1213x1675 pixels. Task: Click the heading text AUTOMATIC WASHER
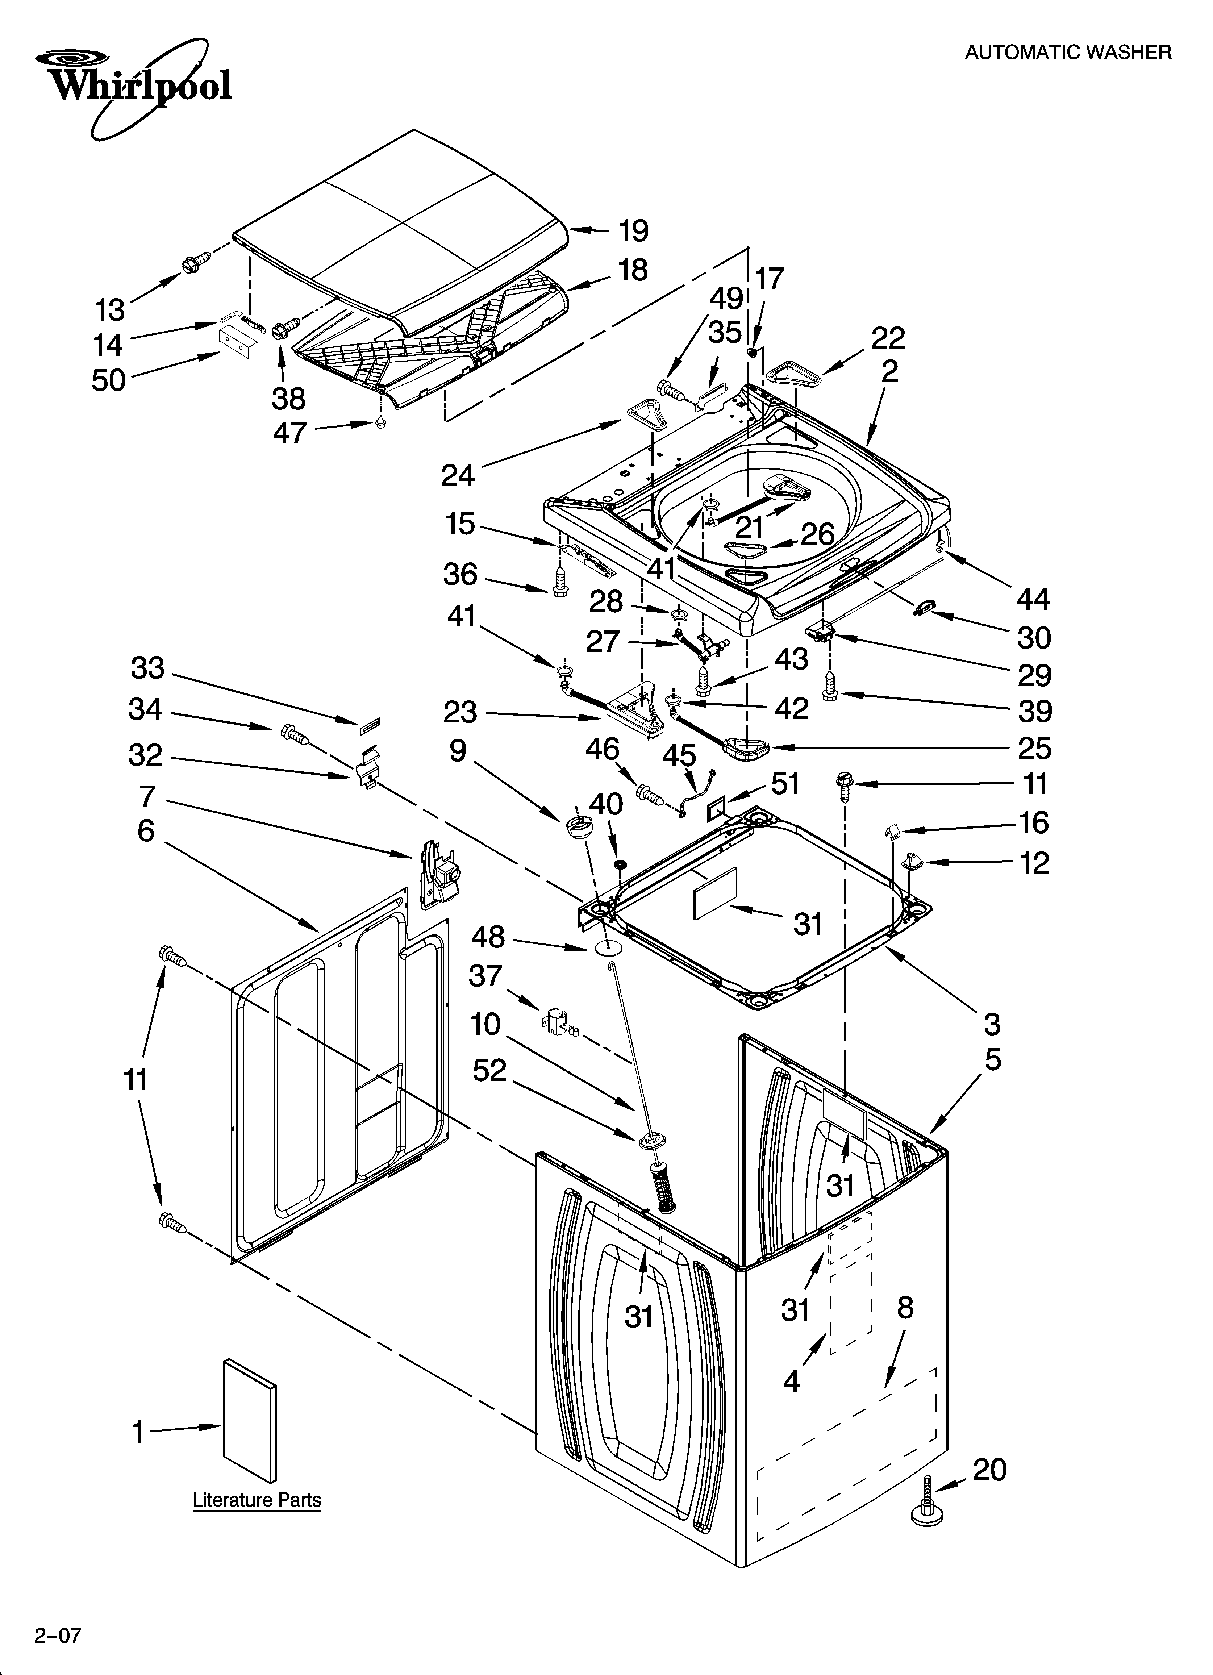(1067, 53)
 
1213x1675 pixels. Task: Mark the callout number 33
(148, 668)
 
